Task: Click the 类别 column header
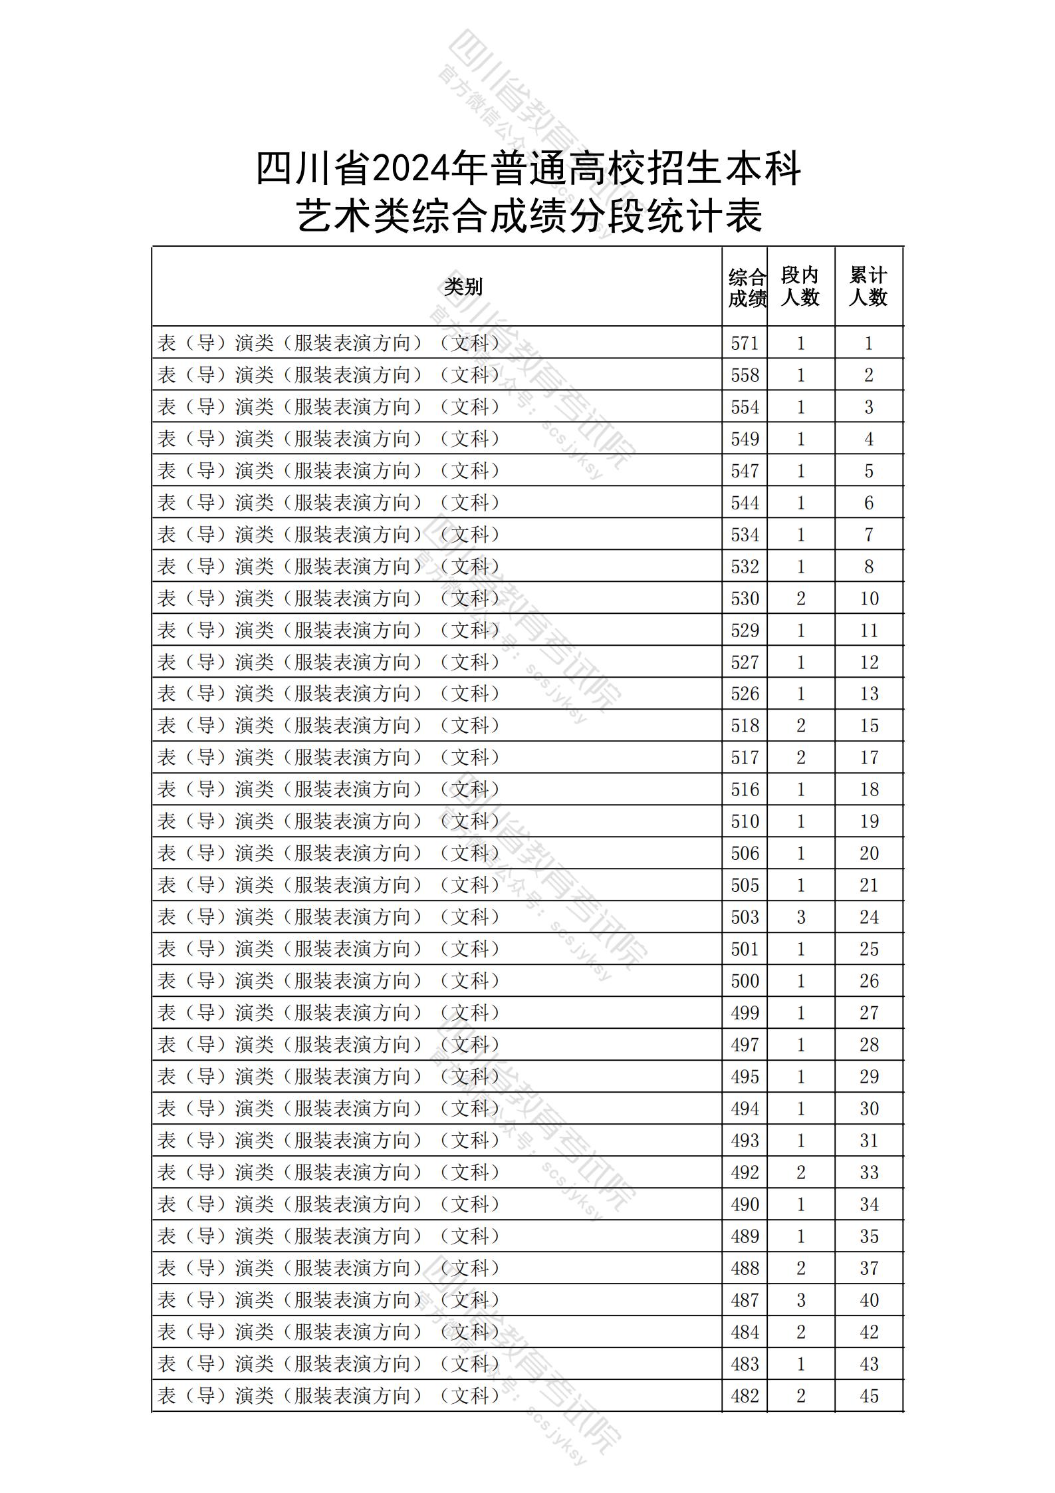463,287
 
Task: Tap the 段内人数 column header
800,287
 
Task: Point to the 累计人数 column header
868,287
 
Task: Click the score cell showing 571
745,343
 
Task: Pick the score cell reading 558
745,375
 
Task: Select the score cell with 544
745,503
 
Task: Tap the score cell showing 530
745,599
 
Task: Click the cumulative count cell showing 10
869,599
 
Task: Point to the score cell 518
745,726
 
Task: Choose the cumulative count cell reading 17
869,757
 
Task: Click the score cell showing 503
745,917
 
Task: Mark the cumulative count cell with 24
869,917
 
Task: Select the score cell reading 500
745,981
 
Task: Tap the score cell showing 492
745,1172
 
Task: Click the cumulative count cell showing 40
869,1300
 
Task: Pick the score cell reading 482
745,1396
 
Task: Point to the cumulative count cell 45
869,1396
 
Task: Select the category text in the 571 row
329,343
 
